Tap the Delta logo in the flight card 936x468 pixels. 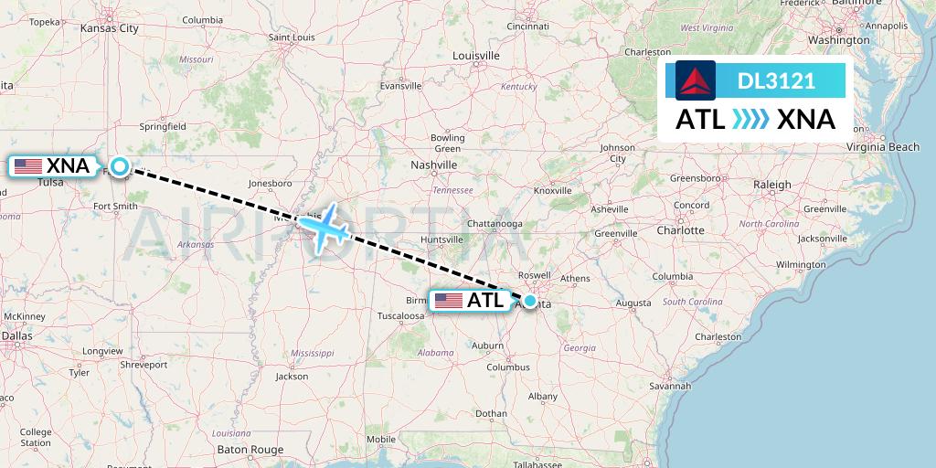tap(695, 80)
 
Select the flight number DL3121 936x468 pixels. tap(776, 80)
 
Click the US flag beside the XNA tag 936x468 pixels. tap(28, 166)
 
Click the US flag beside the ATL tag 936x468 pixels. tap(449, 300)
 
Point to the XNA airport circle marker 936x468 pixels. tap(119, 167)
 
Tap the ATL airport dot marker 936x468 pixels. tap(530, 300)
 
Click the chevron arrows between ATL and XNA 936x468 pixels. tap(750, 120)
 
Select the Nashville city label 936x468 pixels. tap(433, 165)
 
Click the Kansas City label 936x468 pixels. tap(110, 28)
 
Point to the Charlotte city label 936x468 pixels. tap(680, 230)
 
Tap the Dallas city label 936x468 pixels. tap(17, 335)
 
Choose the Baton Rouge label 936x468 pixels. tap(250, 449)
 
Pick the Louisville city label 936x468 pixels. tap(476, 55)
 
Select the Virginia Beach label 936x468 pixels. tap(883, 146)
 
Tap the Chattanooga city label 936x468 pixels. tap(494, 223)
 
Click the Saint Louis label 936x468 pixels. tap(291, 37)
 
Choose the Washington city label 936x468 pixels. tap(839, 40)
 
